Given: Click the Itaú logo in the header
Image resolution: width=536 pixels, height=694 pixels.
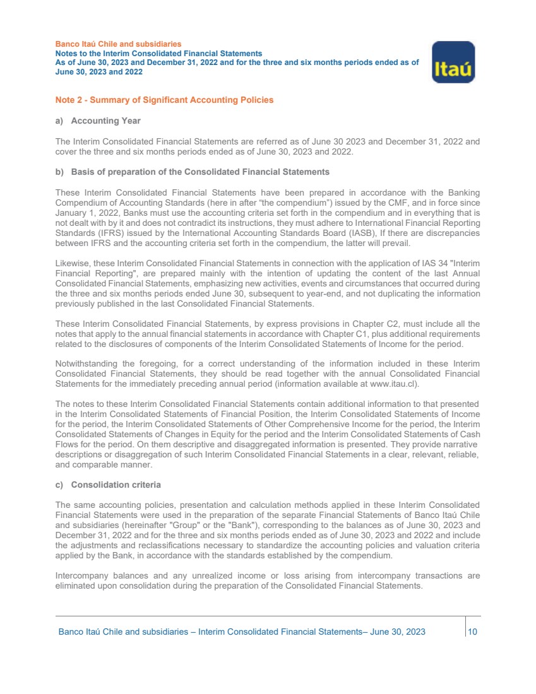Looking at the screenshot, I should (x=453, y=62).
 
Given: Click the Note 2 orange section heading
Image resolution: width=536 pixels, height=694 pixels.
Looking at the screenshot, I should (x=164, y=100).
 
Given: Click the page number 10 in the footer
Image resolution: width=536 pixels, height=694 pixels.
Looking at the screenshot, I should (x=472, y=632).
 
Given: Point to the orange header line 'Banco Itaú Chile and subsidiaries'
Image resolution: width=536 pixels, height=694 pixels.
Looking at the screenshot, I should (x=119, y=44).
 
